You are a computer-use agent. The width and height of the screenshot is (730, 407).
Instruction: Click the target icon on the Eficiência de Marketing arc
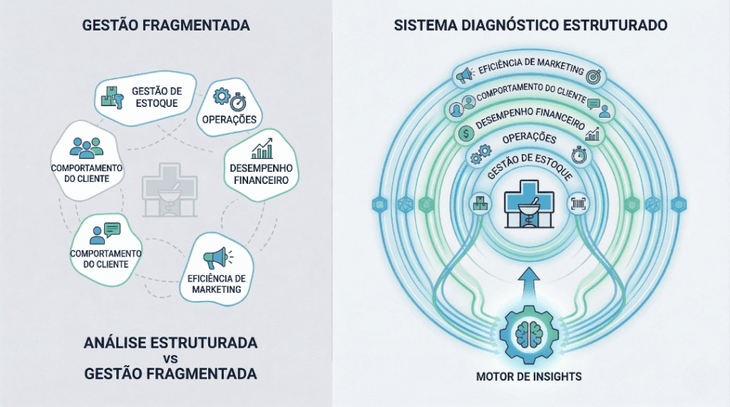click(595, 74)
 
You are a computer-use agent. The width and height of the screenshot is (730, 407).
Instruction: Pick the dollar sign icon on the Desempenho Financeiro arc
click(465, 133)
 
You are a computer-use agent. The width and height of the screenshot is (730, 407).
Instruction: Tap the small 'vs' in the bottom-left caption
click(170, 359)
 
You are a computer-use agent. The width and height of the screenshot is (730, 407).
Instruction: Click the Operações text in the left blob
click(233, 118)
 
